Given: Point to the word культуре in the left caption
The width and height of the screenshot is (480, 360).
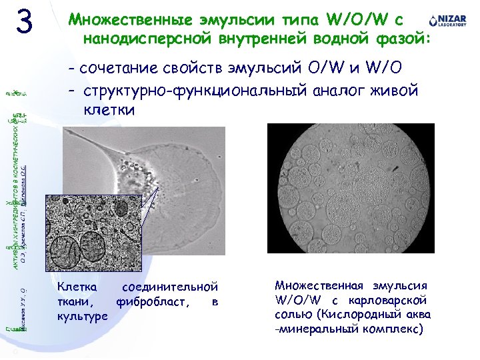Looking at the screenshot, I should tap(83, 317).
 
